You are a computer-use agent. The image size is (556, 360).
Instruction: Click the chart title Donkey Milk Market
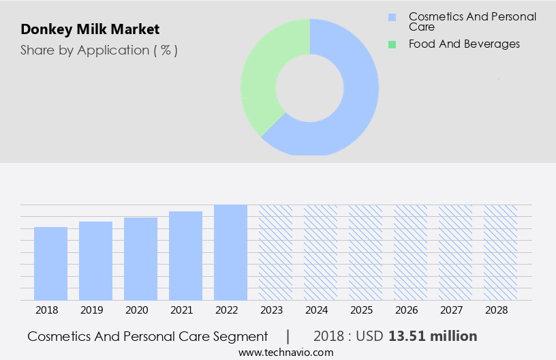[x=90, y=30]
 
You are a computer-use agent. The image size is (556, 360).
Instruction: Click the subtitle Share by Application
[x=99, y=50]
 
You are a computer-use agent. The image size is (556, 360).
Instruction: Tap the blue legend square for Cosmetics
[x=392, y=17]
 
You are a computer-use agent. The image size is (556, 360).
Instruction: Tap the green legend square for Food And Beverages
[x=392, y=44]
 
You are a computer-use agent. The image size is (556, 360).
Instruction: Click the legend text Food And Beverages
[x=464, y=44]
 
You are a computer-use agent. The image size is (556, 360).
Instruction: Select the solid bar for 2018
[x=50, y=263]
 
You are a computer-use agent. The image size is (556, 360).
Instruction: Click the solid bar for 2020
[x=140, y=258]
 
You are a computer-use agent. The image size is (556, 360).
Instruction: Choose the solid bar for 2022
[x=230, y=252]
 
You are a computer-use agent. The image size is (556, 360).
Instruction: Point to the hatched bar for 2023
[x=275, y=252]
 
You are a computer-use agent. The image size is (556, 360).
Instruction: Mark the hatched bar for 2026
[x=410, y=252]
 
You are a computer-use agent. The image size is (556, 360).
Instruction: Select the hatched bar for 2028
[x=500, y=252]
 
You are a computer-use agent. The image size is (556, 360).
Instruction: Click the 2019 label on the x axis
[x=91, y=310]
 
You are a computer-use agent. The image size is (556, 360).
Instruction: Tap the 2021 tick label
[x=181, y=310]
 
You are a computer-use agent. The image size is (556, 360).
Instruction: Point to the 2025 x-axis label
[x=361, y=310]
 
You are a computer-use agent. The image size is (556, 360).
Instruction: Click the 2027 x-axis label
[x=451, y=310]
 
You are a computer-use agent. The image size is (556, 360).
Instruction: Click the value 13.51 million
[x=433, y=336]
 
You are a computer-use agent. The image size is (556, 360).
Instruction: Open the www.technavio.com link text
[x=286, y=352]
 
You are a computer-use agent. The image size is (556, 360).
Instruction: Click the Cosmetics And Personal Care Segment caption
[x=148, y=336]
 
